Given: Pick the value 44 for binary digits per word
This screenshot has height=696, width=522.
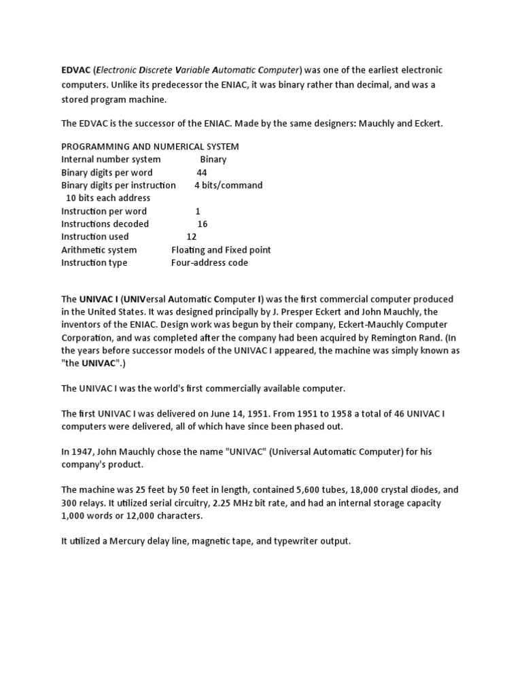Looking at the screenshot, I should (202, 173).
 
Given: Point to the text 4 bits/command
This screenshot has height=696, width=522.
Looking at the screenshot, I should (228, 186).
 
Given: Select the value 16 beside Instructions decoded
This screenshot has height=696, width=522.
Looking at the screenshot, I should (203, 224).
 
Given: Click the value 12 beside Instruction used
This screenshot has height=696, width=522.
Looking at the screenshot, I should (191, 237).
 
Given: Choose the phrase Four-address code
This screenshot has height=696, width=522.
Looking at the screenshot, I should (209, 263).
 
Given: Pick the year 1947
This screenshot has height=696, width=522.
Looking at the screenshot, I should (84, 452).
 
